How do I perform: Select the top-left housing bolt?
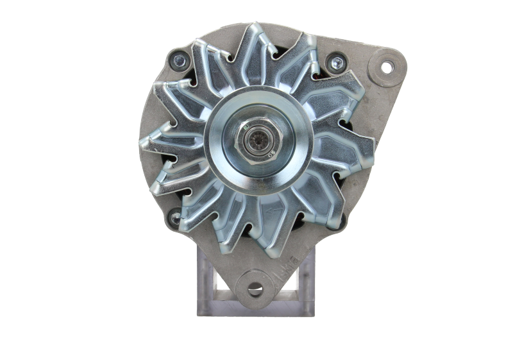click(179, 61)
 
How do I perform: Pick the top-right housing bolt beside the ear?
click(333, 62)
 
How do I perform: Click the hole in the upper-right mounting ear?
click(387, 67)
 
